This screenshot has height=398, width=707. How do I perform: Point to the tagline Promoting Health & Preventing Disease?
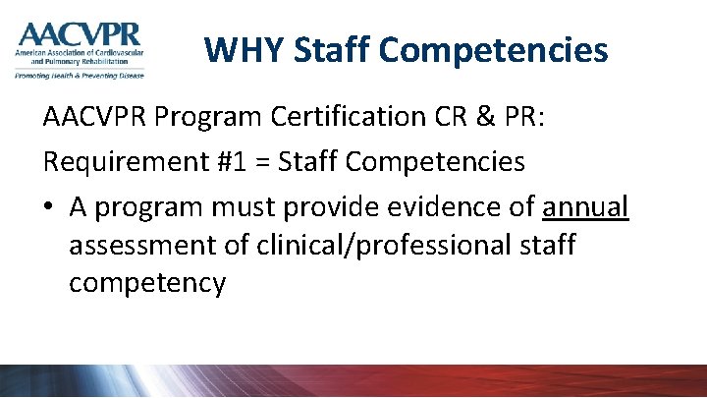coord(79,75)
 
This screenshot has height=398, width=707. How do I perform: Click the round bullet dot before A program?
coord(50,207)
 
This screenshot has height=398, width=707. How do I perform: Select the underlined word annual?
coord(585,205)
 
